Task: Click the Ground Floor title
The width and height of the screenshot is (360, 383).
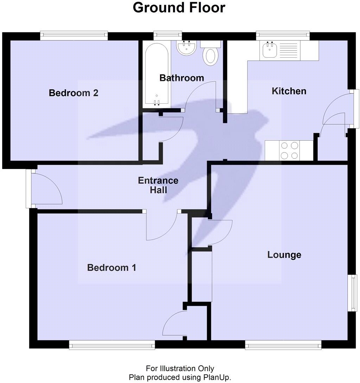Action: (x=179, y=8)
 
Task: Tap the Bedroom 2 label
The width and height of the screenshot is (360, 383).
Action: (x=73, y=93)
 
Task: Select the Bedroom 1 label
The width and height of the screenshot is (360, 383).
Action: (x=111, y=268)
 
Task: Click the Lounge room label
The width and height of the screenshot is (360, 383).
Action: (x=284, y=255)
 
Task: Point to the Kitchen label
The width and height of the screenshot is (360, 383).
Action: (x=289, y=91)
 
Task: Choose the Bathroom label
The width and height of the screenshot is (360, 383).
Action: (x=181, y=78)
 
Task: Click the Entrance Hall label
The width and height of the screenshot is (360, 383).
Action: (x=158, y=186)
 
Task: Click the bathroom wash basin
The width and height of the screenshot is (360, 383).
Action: (x=186, y=48)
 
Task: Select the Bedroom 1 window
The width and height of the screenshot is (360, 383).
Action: (x=112, y=345)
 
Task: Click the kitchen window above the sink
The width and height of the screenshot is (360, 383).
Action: (x=283, y=34)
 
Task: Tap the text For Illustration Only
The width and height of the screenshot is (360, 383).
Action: (x=180, y=369)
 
